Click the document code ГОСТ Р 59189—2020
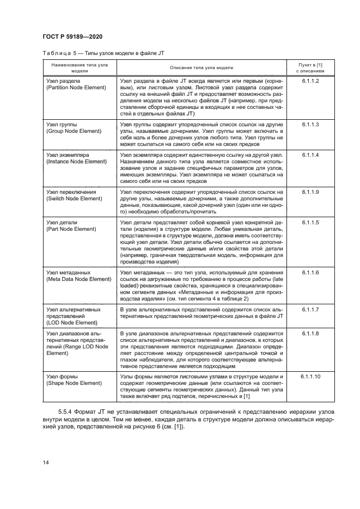pyautogui.click(x=72, y=36)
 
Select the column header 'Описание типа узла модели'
pyautogui.click(x=201, y=68)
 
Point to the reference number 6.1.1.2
pyautogui.click(x=310, y=81)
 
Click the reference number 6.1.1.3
pyautogui.click(x=310, y=125)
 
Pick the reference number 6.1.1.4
pyautogui.click(x=310, y=155)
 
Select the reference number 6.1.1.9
pyautogui.click(x=310, y=193)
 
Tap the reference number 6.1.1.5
pyautogui.click(x=310, y=223)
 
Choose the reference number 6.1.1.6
pyautogui.click(x=310, y=272)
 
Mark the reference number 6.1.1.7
pyautogui.click(x=310, y=309)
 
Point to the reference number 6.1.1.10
pyautogui.click(x=310, y=377)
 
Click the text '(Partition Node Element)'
pyautogui.click(x=77, y=88)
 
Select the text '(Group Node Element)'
pyautogui.click(x=74, y=132)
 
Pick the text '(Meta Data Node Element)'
pyautogui.click(x=78, y=279)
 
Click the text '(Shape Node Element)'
pyautogui.click(x=74, y=383)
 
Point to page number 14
pyautogui.click(x=46, y=463)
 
